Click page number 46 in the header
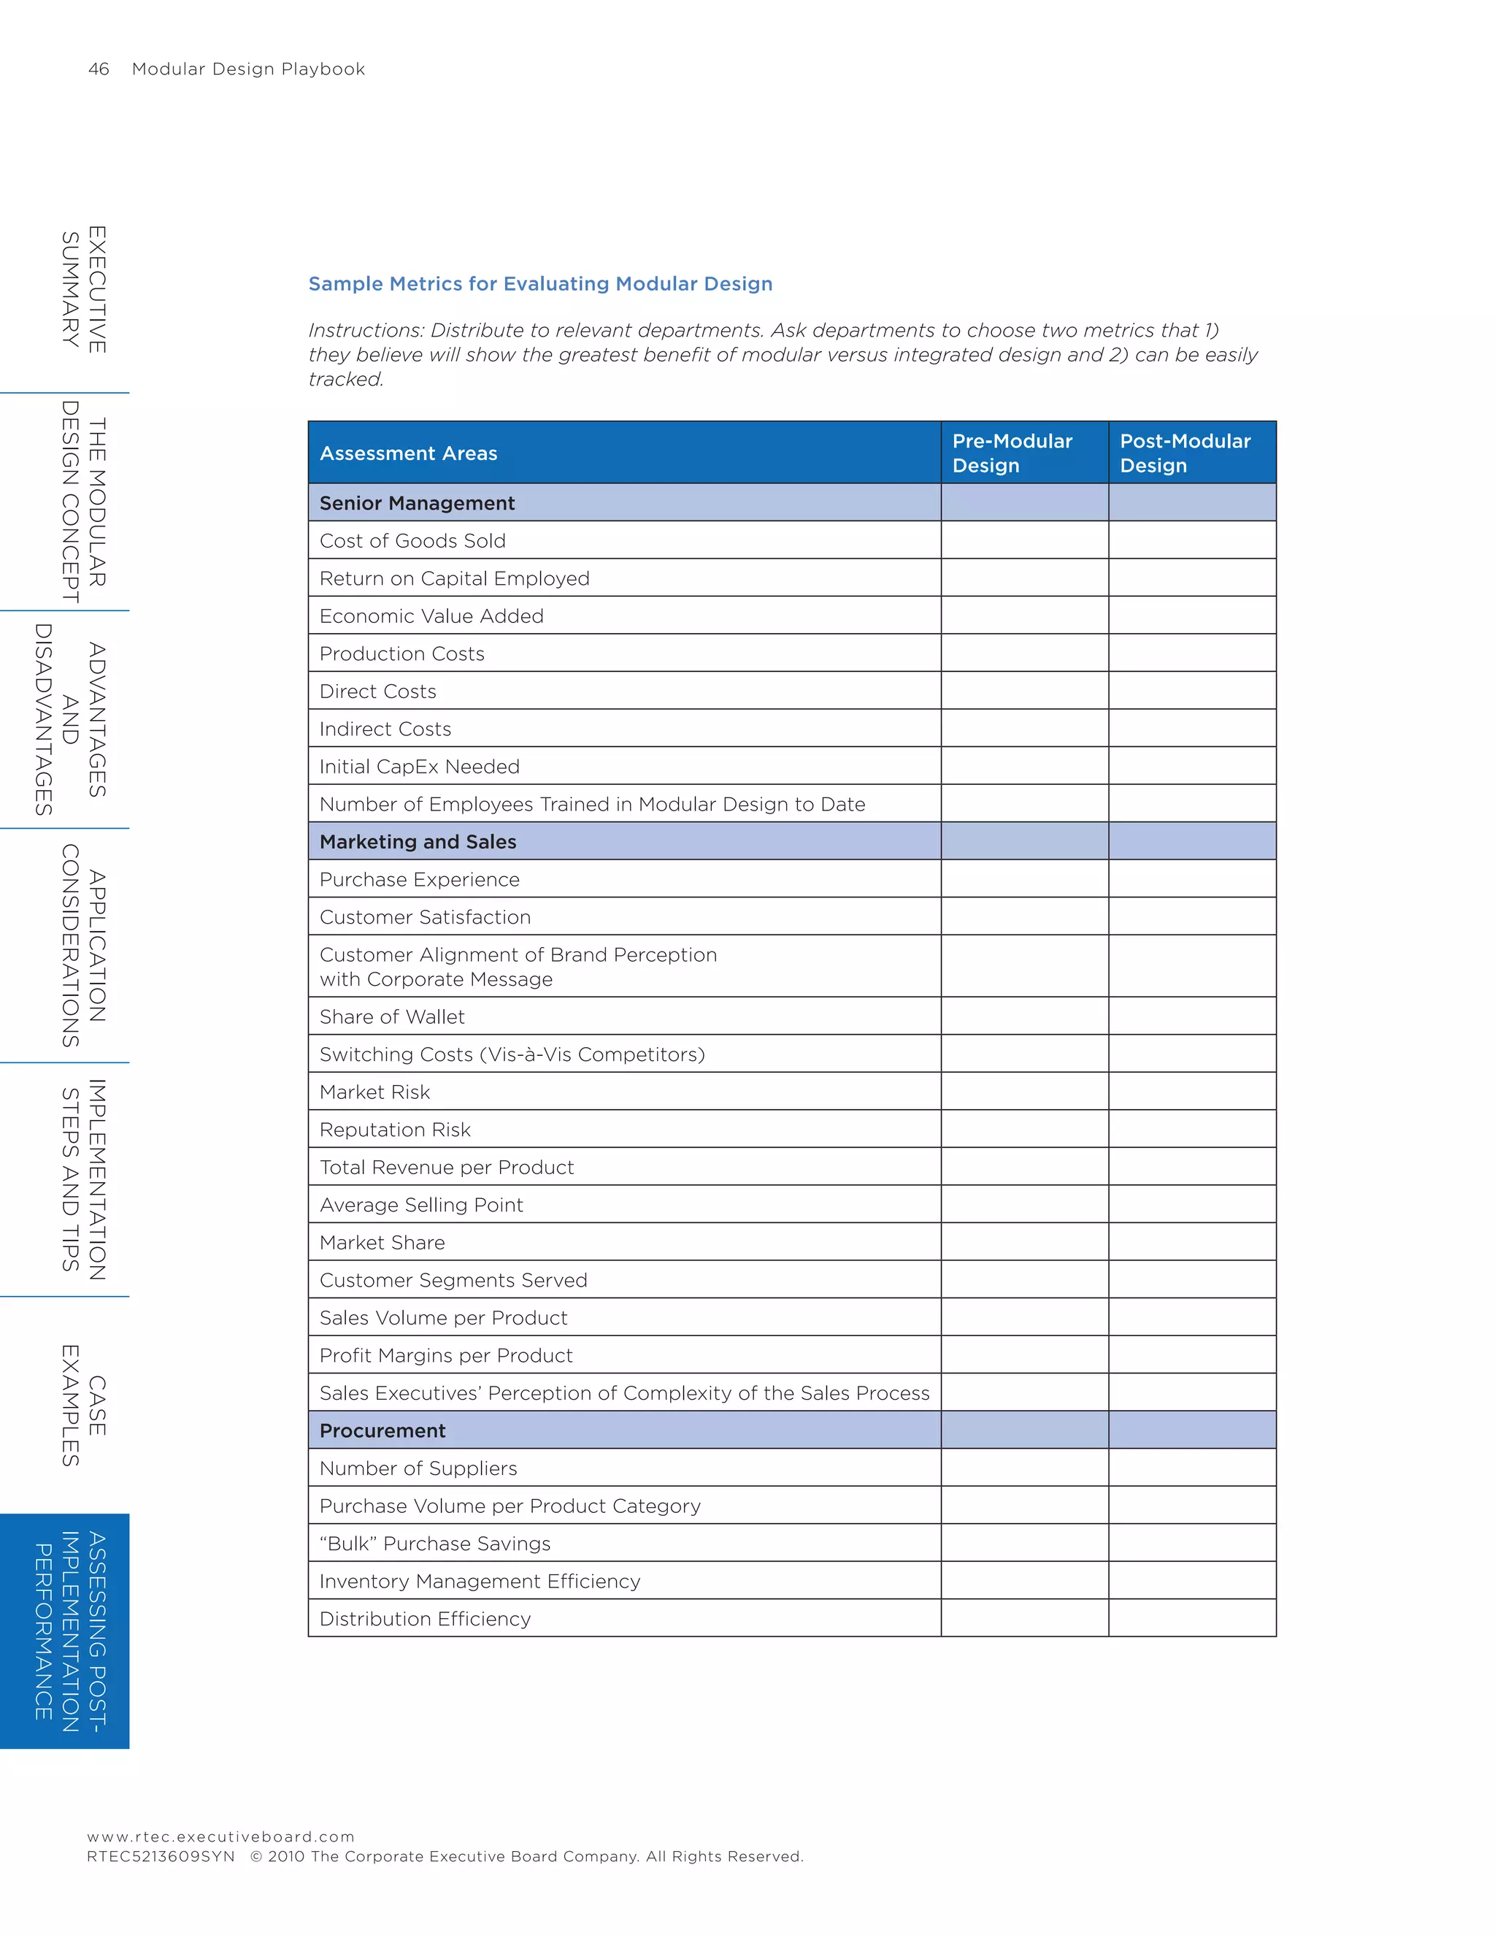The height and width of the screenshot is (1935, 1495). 99,69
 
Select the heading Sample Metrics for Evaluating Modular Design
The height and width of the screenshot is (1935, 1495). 539,283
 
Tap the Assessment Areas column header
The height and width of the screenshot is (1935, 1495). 408,453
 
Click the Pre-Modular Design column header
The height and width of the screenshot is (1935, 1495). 1012,453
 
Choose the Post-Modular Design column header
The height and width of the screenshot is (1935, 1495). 1184,453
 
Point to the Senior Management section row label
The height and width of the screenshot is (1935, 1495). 416,503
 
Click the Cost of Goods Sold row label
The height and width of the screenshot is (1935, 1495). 412,540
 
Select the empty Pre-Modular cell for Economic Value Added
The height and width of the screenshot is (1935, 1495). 1024,616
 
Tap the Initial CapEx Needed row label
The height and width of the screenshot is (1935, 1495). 419,767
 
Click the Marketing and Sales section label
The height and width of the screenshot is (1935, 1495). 417,842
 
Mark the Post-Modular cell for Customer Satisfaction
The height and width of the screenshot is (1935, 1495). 1191,917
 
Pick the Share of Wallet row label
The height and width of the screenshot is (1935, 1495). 391,1017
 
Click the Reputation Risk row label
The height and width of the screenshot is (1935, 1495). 394,1130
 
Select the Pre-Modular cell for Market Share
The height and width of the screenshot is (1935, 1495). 1024,1242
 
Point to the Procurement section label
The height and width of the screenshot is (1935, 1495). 382,1431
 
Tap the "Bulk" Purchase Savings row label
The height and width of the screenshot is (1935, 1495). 434,1544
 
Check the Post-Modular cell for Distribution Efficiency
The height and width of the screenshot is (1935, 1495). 1191,1619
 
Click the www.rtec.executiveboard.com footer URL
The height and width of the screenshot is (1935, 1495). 220,1836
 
